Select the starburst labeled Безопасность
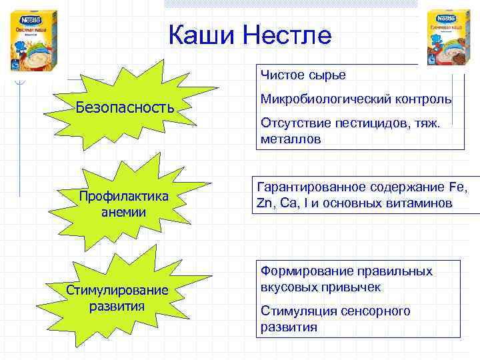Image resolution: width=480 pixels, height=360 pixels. pos(125,107)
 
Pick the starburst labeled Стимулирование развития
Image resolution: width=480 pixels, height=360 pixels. pos(117,299)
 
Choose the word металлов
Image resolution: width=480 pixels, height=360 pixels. pos(291,139)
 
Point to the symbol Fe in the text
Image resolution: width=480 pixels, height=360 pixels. pos(458,187)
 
